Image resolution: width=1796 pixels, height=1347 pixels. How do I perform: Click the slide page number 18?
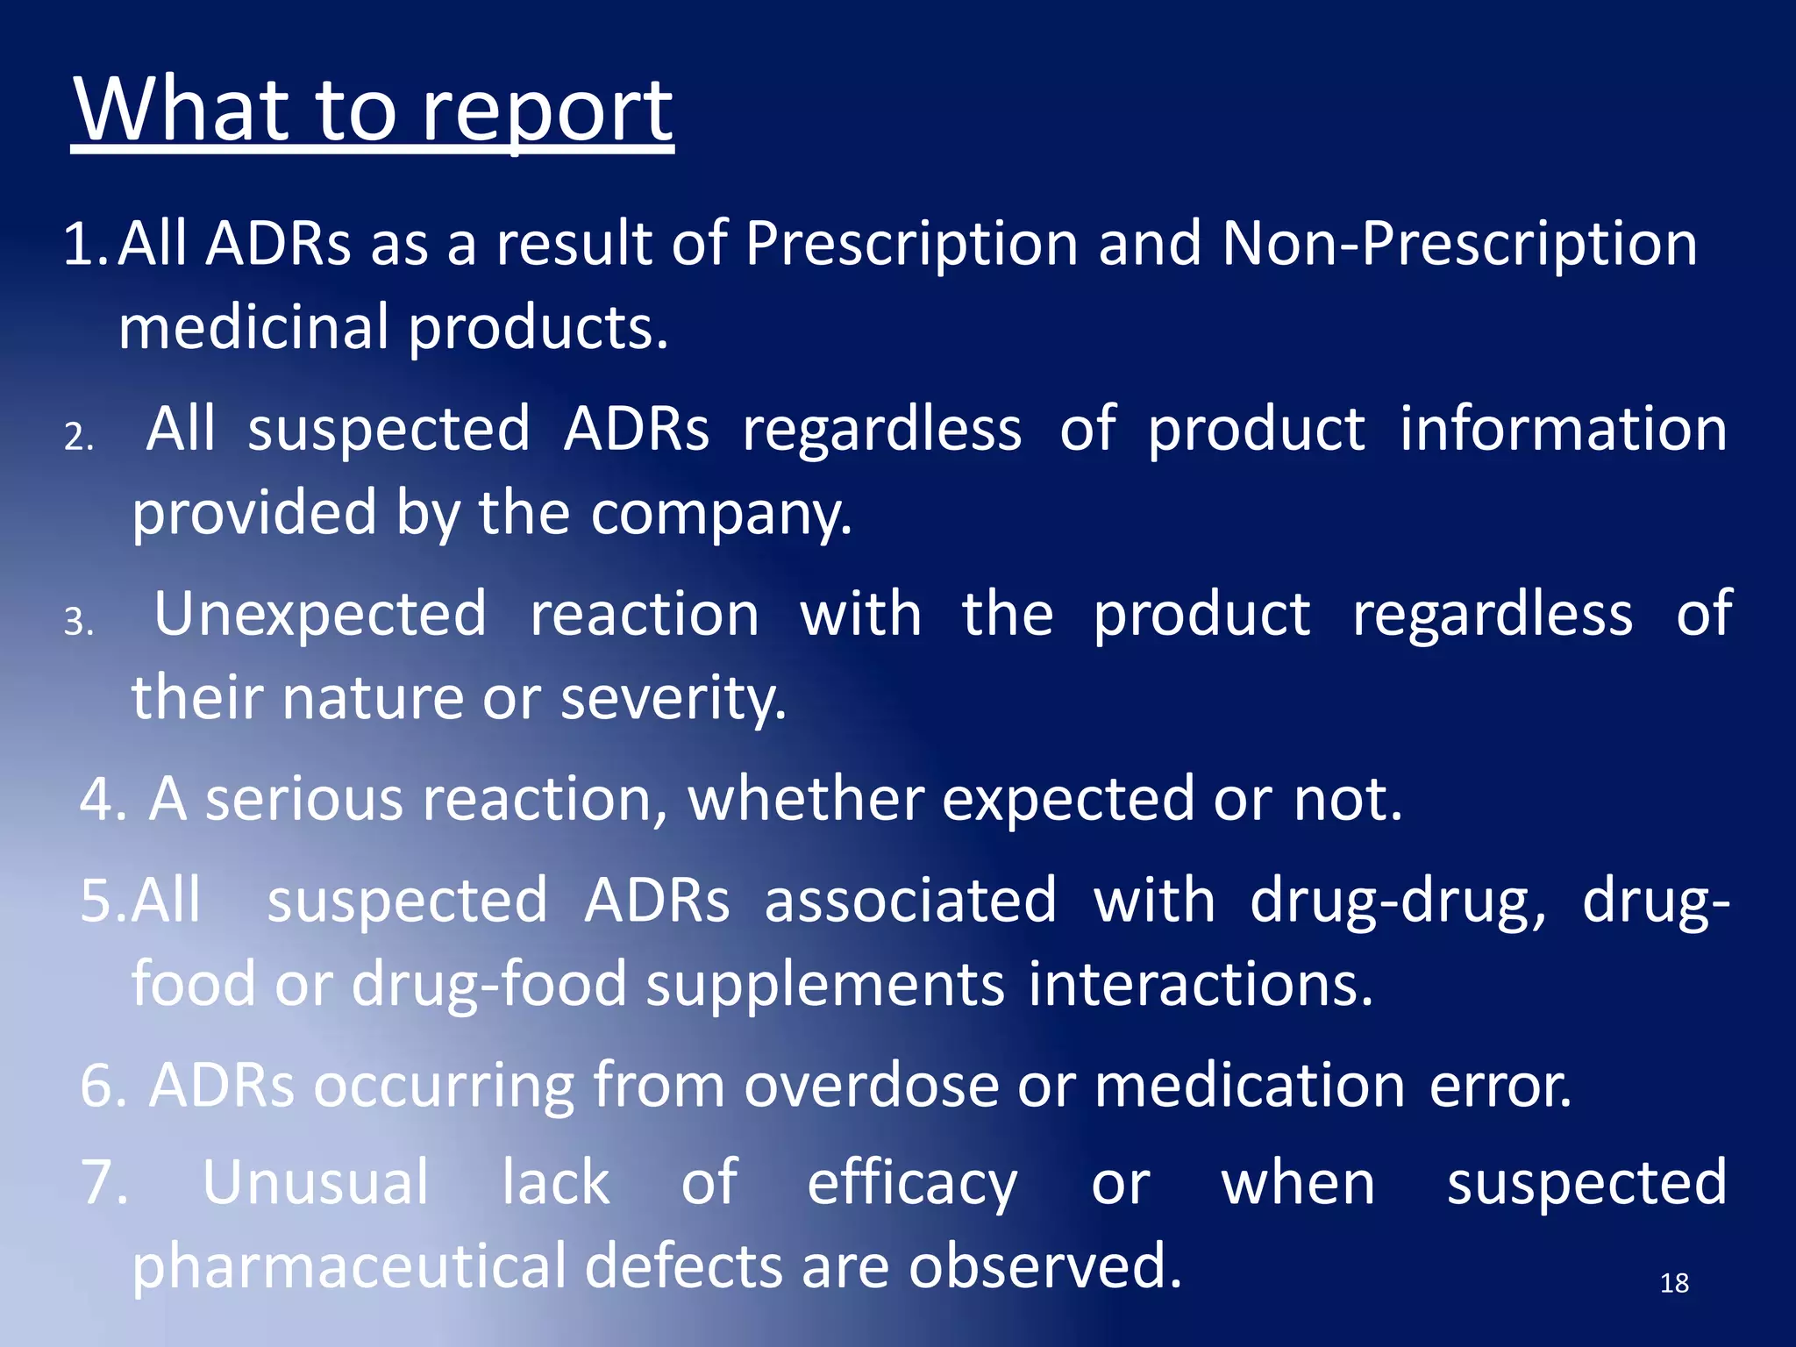[1674, 1284]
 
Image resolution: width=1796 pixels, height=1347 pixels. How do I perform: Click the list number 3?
[78, 624]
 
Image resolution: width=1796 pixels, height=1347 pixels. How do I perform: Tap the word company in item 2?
[720, 513]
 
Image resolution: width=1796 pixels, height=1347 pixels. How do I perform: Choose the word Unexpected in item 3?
[320, 614]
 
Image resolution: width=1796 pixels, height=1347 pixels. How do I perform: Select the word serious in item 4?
[303, 799]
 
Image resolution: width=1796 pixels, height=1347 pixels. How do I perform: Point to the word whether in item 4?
[806, 799]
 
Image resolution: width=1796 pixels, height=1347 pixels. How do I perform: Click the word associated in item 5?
[909, 901]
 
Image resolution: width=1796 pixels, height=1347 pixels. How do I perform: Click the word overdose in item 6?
[872, 1086]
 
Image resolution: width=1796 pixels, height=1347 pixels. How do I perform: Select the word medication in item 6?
[1251, 1086]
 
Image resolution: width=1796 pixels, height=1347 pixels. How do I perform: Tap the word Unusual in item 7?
[316, 1182]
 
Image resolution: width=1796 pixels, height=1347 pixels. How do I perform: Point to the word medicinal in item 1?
[253, 327]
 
